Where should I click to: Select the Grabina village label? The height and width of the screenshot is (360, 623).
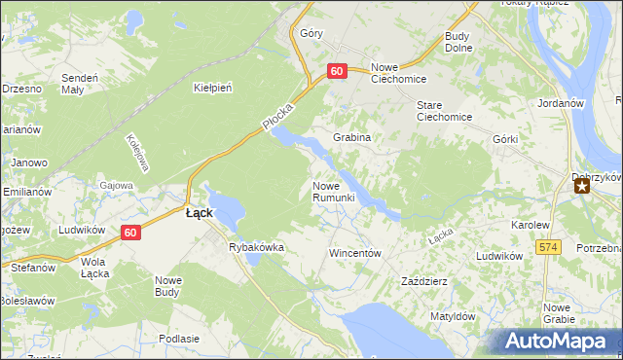[x=352, y=138]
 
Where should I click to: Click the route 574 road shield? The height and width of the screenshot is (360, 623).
[x=549, y=248]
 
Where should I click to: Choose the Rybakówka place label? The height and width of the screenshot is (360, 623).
[x=256, y=247]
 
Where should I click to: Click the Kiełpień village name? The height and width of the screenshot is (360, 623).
[x=213, y=88]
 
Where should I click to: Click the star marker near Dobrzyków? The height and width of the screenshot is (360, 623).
[x=581, y=185]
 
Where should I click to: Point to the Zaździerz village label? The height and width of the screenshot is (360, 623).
[x=424, y=281]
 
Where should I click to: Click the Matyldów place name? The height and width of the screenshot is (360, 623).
[x=453, y=316]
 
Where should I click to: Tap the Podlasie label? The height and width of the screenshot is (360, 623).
[x=178, y=339]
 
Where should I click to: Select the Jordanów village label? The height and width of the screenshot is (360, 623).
[x=560, y=102]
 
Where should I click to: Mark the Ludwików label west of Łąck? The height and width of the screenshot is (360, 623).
[x=81, y=230]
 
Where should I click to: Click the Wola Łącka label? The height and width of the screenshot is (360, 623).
[x=93, y=268]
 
